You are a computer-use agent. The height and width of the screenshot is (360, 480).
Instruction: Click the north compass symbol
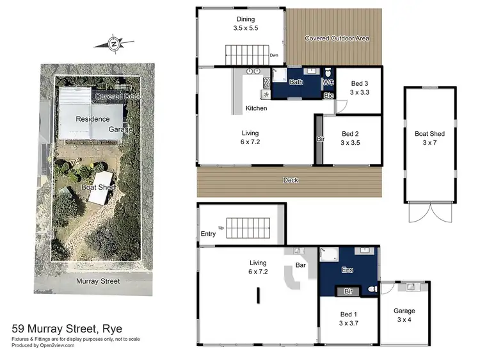[x=114, y=44]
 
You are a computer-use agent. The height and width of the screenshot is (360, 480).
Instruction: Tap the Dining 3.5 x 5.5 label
[x=245, y=24]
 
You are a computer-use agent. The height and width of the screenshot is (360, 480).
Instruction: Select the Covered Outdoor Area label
[x=337, y=38]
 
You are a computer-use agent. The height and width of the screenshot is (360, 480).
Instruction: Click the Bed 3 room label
[x=360, y=88]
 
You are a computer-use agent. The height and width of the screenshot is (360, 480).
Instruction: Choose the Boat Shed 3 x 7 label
[x=429, y=138]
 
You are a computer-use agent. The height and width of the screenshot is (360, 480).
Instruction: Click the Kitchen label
[x=256, y=108]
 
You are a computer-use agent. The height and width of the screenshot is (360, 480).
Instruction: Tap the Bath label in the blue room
[x=296, y=83]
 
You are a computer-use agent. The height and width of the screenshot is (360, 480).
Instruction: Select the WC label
[x=328, y=83]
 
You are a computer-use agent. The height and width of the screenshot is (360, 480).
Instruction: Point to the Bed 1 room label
[x=349, y=319]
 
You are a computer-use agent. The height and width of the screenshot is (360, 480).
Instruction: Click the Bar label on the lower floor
[x=301, y=265]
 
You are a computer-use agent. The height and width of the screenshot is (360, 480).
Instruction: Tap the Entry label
[x=209, y=234]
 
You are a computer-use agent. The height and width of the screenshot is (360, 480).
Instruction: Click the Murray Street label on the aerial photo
[x=94, y=281]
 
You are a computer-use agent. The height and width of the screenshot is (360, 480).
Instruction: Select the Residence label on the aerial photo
[x=93, y=119]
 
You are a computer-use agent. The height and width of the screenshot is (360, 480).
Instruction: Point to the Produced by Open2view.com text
[x=43, y=345]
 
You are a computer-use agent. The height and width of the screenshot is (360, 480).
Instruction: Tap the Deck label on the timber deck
[x=291, y=181]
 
